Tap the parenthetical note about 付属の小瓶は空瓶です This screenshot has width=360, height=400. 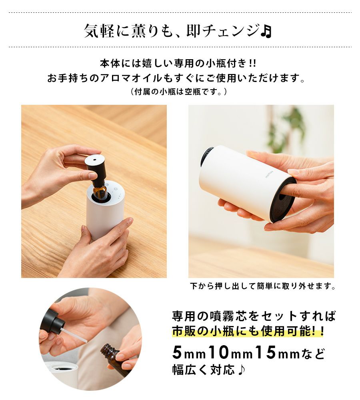point(178,91)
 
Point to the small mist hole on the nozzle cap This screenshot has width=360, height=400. point(95,160)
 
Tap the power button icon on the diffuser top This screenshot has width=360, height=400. point(116,189)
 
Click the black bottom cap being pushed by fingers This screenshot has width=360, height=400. point(282,202)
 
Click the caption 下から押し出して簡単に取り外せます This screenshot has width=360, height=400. point(263,286)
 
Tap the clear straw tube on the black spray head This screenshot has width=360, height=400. point(74,335)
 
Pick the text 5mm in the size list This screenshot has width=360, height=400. point(189,353)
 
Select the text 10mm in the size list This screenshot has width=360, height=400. point(230,353)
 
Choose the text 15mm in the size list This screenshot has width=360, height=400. point(277,353)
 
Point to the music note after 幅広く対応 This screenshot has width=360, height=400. point(241,369)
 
